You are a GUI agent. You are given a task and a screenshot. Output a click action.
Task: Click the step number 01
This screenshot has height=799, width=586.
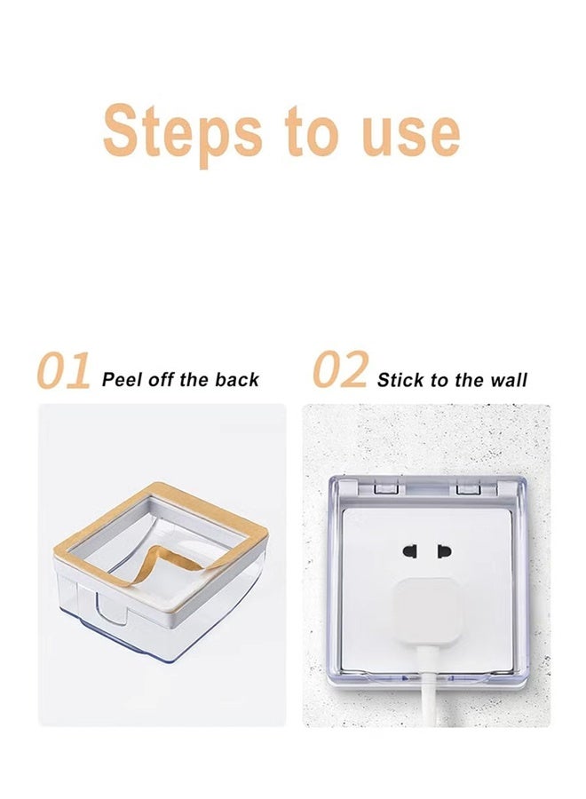tap(64, 371)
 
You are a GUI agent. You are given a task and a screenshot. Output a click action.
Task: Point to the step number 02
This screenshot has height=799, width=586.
tap(340, 369)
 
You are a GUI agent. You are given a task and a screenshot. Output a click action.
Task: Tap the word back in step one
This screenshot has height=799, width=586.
tap(237, 380)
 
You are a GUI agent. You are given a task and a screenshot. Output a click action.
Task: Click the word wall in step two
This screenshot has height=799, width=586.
tap(509, 380)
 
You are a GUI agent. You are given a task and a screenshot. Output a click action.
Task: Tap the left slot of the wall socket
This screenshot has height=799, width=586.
tap(410, 550)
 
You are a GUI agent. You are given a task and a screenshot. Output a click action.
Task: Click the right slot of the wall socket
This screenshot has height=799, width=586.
tap(444, 550)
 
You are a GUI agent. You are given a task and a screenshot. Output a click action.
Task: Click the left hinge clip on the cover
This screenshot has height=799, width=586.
tap(385, 488)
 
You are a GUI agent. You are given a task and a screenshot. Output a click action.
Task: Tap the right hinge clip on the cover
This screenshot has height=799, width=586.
tap(469, 488)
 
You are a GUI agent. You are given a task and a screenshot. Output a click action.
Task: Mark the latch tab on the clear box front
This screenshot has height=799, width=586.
tap(112, 607)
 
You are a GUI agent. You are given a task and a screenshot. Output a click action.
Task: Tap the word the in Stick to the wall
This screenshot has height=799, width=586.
tap(469, 380)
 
